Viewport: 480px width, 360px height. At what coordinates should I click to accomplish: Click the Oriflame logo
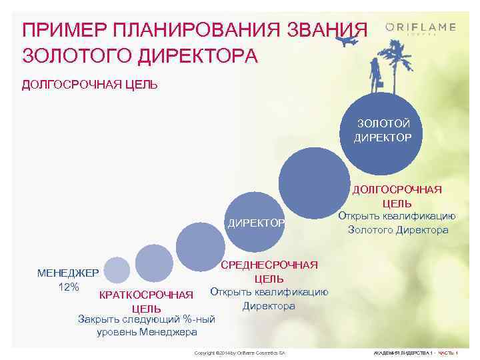coord(421,28)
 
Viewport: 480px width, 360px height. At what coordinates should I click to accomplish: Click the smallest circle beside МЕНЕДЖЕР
coord(117,269)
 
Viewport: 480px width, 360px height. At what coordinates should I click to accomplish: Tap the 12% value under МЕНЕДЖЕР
coord(69,287)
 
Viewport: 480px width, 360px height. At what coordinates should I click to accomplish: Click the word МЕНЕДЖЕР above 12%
coord(68,273)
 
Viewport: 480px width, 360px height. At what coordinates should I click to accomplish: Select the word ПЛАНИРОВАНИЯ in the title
coord(189,30)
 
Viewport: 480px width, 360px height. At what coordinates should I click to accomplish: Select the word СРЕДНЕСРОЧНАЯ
coord(269,265)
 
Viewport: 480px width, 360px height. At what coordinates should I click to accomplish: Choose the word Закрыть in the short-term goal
coord(101,319)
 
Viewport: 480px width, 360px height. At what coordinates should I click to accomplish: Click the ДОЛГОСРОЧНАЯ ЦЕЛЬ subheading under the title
coord(90,85)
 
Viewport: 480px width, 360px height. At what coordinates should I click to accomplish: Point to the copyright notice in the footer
coord(239,351)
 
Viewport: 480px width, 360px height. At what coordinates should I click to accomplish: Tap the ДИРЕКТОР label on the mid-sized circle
coord(256,222)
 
